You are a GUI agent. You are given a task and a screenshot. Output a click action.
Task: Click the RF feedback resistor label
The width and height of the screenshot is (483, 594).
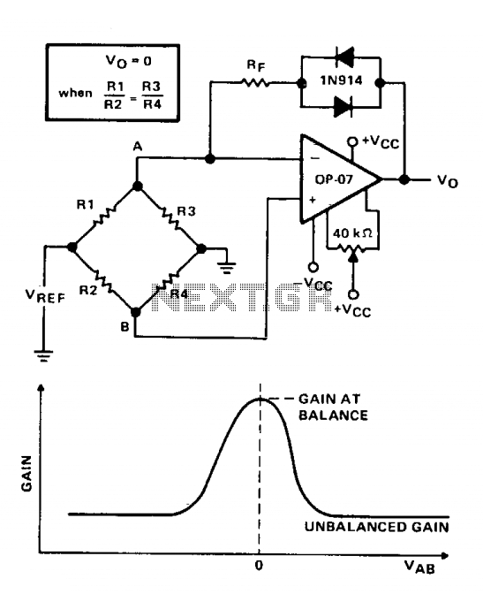click(256, 65)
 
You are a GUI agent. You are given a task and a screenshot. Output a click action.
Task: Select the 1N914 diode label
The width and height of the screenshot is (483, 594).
click(341, 80)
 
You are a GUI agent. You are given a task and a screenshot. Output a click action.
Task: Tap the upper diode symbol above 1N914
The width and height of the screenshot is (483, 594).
click(344, 57)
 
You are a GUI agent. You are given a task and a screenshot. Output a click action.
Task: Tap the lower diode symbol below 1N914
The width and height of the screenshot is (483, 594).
click(343, 106)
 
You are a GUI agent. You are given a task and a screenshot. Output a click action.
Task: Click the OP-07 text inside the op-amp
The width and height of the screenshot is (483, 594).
click(334, 179)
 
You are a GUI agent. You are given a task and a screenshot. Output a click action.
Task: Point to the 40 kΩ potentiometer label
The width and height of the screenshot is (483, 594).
click(352, 233)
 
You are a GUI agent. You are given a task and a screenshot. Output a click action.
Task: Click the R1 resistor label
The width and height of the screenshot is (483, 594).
click(85, 204)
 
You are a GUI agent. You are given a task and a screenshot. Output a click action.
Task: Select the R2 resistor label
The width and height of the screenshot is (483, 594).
click(88, 290)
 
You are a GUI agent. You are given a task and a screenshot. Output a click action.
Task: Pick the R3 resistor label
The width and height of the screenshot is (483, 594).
click(186, 211)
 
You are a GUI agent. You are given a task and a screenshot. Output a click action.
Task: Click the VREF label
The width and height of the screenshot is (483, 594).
click(45, 296)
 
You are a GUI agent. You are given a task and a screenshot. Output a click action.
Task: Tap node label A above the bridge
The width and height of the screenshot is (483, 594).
click(138, 147)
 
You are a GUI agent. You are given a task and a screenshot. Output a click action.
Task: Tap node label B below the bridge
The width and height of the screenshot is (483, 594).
click(125, 326)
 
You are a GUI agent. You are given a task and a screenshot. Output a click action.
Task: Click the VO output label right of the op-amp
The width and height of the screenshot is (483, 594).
click(448, 180)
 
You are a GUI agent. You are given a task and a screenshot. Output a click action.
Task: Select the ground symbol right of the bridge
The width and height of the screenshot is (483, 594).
click(226, 268)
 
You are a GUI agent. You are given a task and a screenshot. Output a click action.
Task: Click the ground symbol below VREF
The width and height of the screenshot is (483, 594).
click(43, 355)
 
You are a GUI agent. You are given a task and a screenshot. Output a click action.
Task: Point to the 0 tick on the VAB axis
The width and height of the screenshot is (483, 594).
click(259, 565)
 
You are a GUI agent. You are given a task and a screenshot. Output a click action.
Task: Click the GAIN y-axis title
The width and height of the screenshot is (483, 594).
click(26, 474)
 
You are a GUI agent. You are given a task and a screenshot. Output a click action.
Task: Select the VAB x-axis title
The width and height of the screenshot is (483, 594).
click(419, 567)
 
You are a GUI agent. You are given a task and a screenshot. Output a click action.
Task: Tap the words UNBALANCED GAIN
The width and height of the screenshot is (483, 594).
click(377, 527)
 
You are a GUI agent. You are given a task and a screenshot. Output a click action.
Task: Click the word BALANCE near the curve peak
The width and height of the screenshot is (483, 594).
click(333, 415)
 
